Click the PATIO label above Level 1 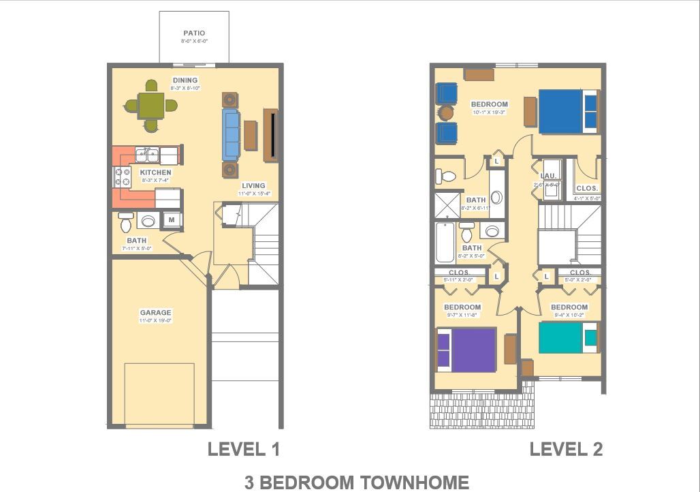(194, 33)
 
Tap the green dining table (150, 105)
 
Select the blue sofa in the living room (232, 134)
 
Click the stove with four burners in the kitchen (123, 177)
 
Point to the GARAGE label (156, 313)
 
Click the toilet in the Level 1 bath (127, 222)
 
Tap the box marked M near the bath (172, 219)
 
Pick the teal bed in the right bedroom (561, 337)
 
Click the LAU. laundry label (549, 176)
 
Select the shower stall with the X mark (447, 205)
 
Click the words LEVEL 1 (244, 449)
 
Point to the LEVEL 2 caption (566, 449)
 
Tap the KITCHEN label (156, 172)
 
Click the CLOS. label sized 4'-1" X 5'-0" (587, 188)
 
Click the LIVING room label (254, 185)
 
